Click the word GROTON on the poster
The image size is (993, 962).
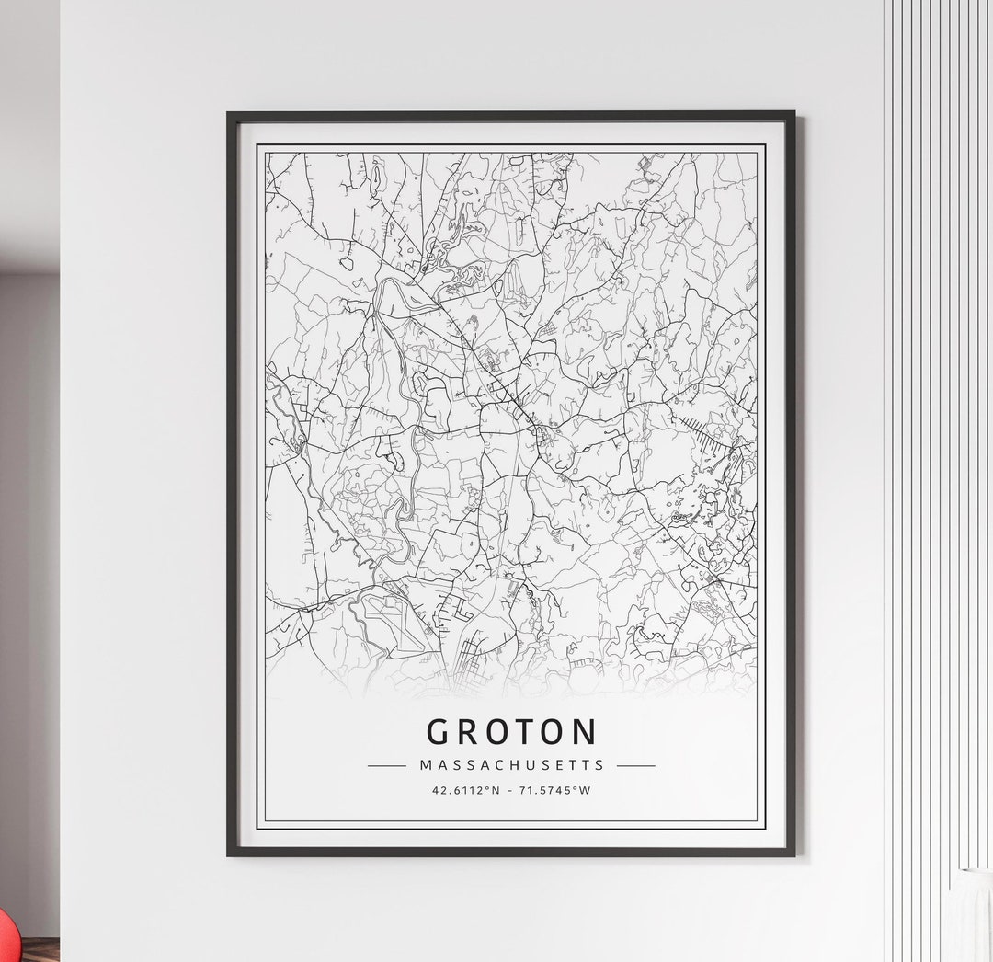point(511,732)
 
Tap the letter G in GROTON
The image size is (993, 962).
point(439,732)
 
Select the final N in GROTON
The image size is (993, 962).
point(585,732)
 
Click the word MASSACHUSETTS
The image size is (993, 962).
point(511,764)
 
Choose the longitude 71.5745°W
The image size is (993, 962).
point(554,790)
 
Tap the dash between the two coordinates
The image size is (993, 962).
point(513,790)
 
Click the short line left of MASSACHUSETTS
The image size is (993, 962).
point(386,765)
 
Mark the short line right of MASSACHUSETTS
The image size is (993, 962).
point(636,765)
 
